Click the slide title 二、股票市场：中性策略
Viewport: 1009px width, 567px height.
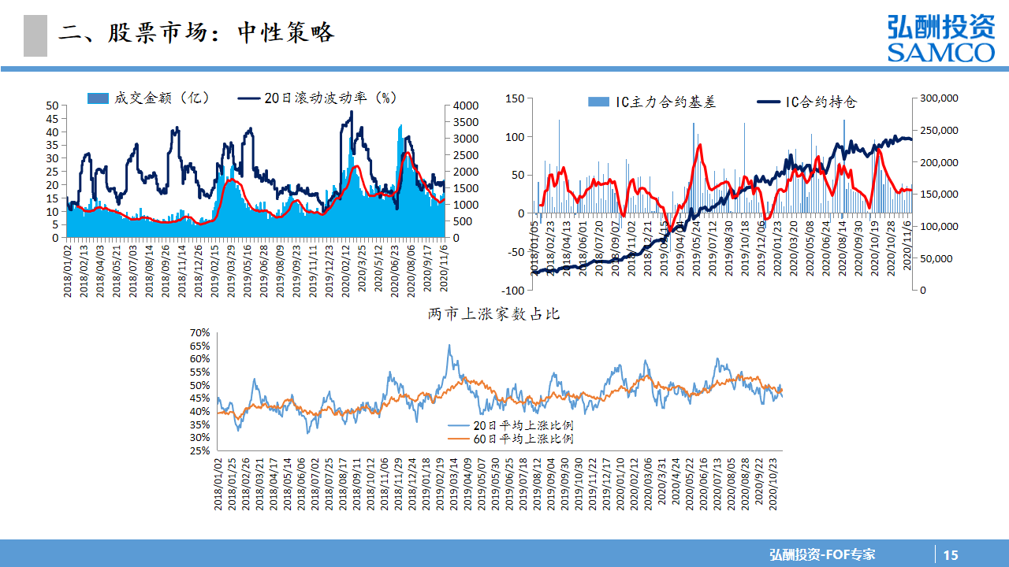(x=197, y=33)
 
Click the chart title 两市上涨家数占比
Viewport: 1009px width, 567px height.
(x=493, y=313)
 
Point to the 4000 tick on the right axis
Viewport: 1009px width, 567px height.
(x=466, y=106)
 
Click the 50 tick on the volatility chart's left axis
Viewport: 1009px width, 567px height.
(x=53, y=106)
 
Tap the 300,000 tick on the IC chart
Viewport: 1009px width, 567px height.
(x=938, y=98)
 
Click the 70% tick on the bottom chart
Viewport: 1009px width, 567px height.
(x=199, y=333)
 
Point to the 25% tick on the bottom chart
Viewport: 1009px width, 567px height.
(x=199, y=451)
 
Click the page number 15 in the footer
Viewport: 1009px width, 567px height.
(x=951, y=554)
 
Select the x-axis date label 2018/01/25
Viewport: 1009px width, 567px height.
(x=232, y=485)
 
